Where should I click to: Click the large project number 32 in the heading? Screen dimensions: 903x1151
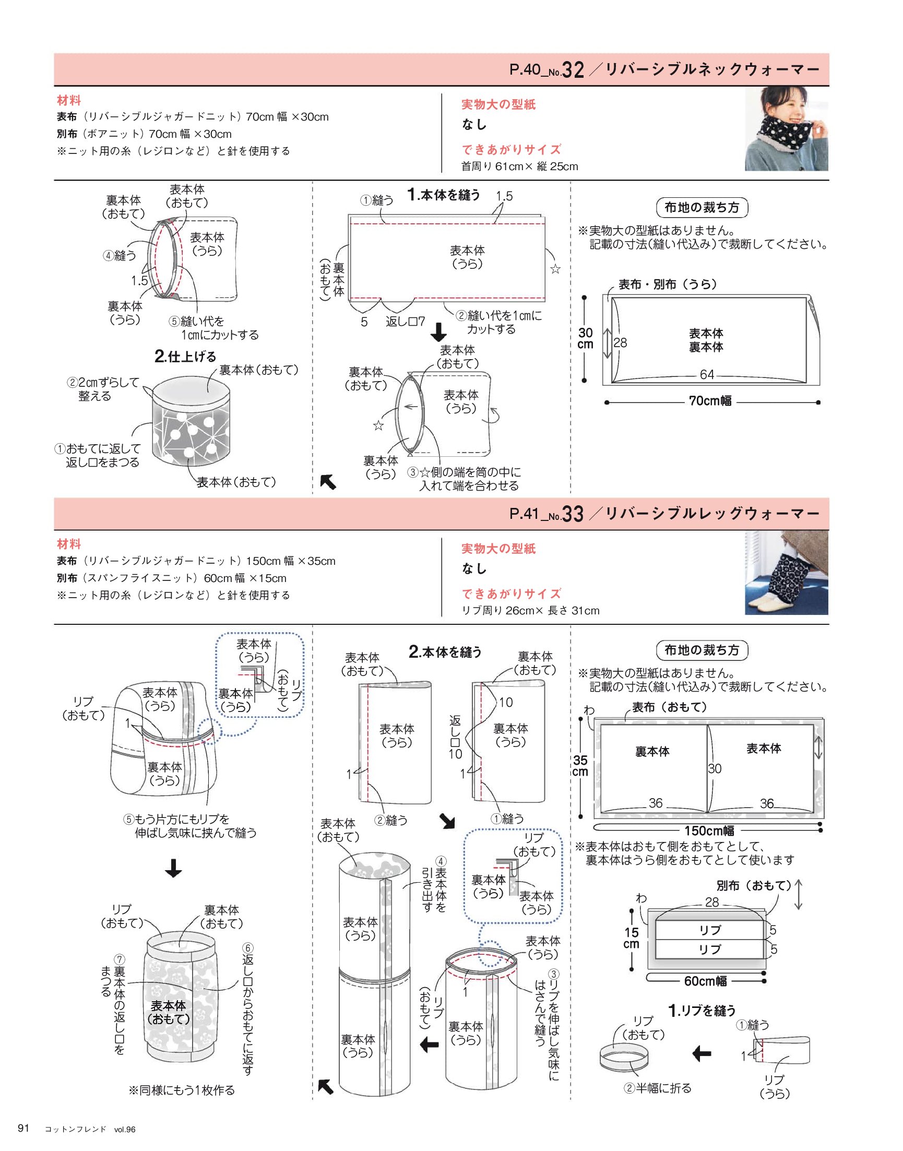(573, 70)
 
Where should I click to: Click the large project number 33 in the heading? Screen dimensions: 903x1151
(573, 514)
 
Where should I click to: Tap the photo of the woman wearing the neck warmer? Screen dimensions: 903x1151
(787, 129)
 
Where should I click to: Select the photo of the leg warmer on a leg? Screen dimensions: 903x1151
(787, 573)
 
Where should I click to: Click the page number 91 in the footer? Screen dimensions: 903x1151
(24, 1128)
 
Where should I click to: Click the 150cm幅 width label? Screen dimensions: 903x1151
(709, 830)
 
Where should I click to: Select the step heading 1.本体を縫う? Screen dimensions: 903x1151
(444, 195)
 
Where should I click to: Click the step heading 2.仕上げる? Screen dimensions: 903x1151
(185, 357)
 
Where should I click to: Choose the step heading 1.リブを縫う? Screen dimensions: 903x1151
(702, 1011)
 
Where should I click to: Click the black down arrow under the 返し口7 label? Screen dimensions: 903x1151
(438, 332)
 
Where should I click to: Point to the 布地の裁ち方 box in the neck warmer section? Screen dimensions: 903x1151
(702, 208)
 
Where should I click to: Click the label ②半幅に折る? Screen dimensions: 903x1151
(658, 1088)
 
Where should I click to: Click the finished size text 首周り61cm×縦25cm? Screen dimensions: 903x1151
(520, 167)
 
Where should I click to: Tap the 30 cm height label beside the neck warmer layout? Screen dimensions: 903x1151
(585, 338)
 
